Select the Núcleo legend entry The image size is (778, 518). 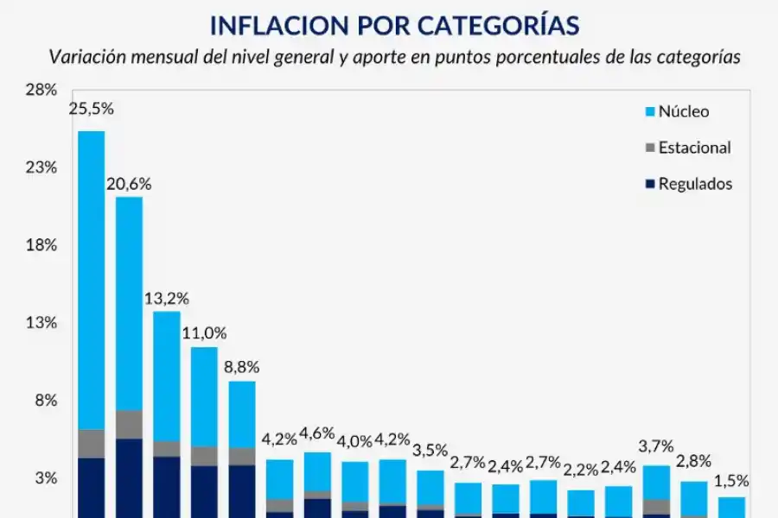(683, 111)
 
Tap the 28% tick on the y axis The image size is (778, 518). (41, 90)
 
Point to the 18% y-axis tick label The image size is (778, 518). (41, 245)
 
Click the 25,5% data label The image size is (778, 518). (92, 109)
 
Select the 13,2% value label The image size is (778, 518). (167, 298)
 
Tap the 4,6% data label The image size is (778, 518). (318, 432)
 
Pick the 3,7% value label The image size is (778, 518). (657, 445)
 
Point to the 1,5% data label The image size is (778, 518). (732, 481)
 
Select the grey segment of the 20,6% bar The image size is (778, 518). (130, 424)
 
